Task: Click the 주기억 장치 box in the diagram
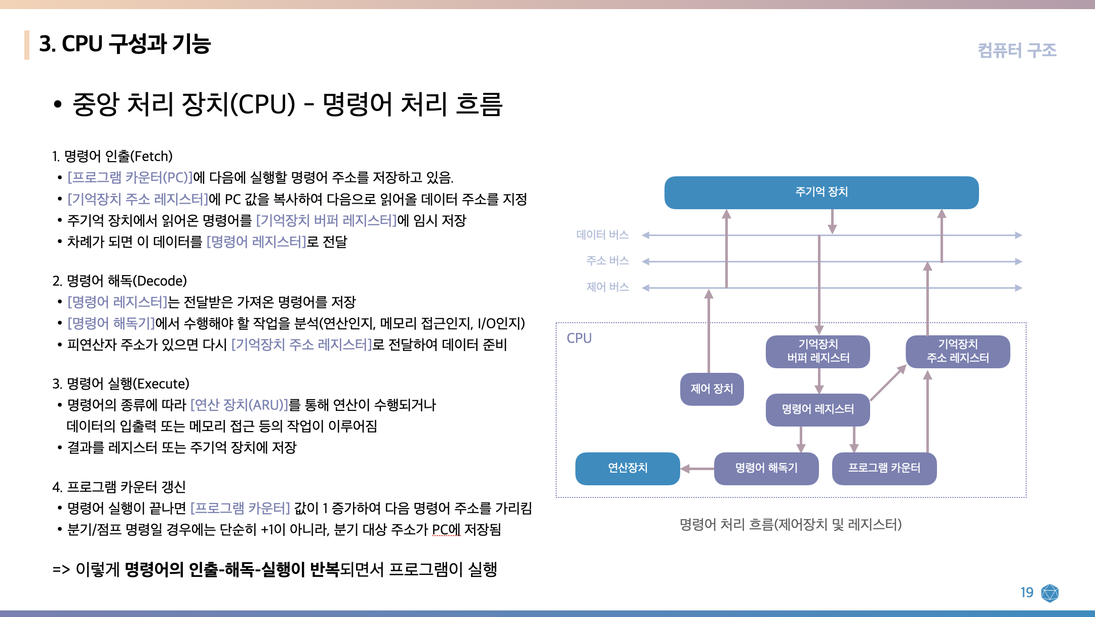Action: click(x=821, y=192)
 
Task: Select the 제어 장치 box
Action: click(x=712, y=389)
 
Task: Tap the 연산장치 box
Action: click(x=628, y=468)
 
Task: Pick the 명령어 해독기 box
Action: click(x=766, y=468)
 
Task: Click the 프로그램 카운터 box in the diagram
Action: click(x=884, y=468)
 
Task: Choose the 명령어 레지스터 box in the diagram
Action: click(x=817, y=409)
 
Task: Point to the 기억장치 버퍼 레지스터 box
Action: click(x=818, y=351)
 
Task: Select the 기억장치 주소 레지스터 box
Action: click(x=958, y=351)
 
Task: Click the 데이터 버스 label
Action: click(x=602, y=235)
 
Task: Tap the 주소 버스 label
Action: click(x=607, y=261)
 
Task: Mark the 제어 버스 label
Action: click(x=607, y=287)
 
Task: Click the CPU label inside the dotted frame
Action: click(x=579, y=338)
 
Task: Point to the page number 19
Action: click(x=1027, y=593)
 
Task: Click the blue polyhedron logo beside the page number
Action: click(x=1050, y=593)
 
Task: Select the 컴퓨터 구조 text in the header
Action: click(x=1016, y=50)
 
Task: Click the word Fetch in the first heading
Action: click(x=151, y=157)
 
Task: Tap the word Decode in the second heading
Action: click(x=162, y=281)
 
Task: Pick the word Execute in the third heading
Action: click(x=163, y=384)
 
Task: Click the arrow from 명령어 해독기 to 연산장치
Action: click(x=697, y=469)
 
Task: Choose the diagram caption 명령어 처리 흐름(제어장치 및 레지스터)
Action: click(x=790, y=524)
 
